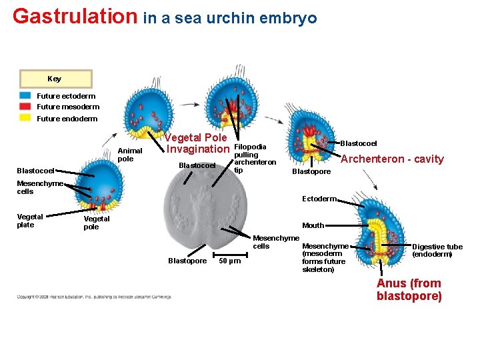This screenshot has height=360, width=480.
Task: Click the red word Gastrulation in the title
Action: pos(75,16)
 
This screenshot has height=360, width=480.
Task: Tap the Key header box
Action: pos(55,79)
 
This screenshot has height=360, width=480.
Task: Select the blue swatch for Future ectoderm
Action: pos(25,96)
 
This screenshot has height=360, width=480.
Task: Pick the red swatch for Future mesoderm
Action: pos(25,107)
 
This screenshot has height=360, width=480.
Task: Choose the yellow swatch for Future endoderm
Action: pos(25,118)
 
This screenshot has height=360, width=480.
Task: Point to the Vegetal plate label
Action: pos(30,221)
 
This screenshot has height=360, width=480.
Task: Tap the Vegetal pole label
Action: pos(96,223)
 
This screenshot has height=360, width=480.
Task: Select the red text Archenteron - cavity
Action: pos(392,159)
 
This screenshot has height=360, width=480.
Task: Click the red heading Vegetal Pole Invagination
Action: pos(197,143)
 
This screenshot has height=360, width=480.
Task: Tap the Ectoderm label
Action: pos(319,199)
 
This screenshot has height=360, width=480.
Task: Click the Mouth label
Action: pos(313,225)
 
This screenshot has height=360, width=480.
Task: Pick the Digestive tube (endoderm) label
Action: pos(437,251)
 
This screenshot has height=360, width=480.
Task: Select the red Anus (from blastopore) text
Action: pos(409,290)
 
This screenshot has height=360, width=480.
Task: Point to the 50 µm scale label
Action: pos(230,261)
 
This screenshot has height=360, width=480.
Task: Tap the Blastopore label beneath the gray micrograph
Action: pos(187,261)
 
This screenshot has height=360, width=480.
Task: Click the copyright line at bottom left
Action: pos(93,297)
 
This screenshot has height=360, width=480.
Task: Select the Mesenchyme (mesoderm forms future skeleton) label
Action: pos(325,257)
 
